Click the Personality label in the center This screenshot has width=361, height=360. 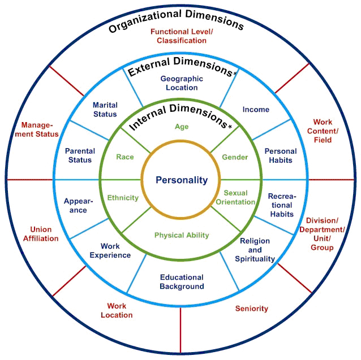[182, 180]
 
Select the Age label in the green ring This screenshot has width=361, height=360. [182, 127]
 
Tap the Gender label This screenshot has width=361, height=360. [234, 157]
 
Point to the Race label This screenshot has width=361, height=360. [125, 157]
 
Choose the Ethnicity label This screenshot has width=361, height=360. [123, 198]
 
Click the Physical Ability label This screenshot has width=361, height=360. [182, 235]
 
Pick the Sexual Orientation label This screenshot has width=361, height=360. [235, 197]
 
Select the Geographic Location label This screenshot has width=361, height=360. [179, 83]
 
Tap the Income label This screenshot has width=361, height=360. [256, 109]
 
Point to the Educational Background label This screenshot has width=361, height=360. [181, 281]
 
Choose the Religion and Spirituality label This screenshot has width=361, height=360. [255, 250]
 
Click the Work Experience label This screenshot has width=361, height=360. [110, 250]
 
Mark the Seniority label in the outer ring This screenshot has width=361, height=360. [251, 309]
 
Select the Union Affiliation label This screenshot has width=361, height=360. [41, 234]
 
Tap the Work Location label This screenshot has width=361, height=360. [117, 310]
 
